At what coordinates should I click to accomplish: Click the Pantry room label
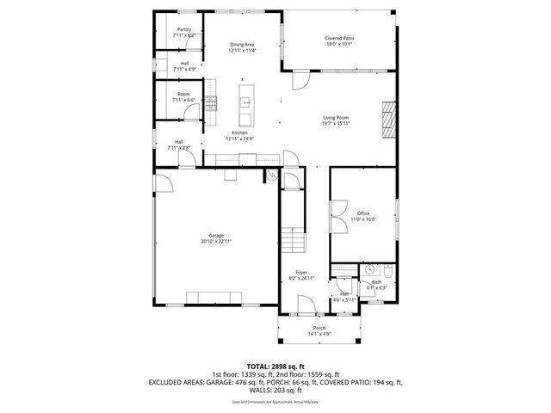coord(184,29)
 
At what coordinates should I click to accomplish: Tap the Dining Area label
coord(241,45)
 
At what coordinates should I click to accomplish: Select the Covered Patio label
coord(340,39)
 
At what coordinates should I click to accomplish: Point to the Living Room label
coord(336,118)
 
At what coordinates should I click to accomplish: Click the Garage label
coord(215,236)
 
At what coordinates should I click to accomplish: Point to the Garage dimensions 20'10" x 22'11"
coord(215,242)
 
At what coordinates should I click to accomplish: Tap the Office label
coord(363,214)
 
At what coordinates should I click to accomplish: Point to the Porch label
coord(319,329)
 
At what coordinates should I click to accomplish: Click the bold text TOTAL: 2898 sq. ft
coord(275,367)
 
